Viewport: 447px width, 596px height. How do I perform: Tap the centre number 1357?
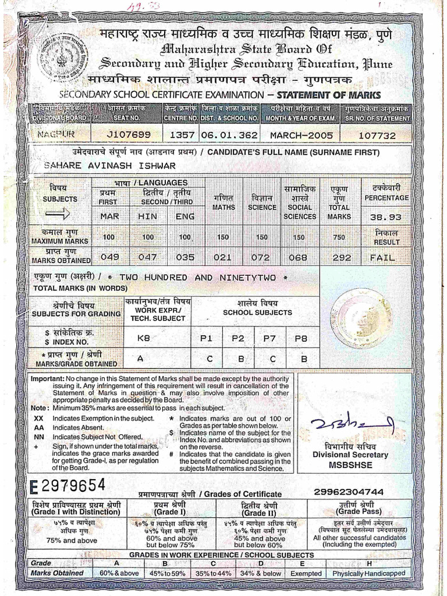tap(181, 135)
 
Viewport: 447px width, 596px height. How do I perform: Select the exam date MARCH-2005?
tap(301, 135)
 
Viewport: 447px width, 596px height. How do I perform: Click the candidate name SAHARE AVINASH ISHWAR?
tap(109, 165)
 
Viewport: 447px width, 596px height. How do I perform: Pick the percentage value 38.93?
tap(386, 217)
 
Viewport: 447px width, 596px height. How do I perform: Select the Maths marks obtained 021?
tap(222, 257)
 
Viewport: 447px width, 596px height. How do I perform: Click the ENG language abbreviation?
tap(185, 217)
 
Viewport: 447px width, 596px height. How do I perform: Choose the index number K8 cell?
tap(143, 337)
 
